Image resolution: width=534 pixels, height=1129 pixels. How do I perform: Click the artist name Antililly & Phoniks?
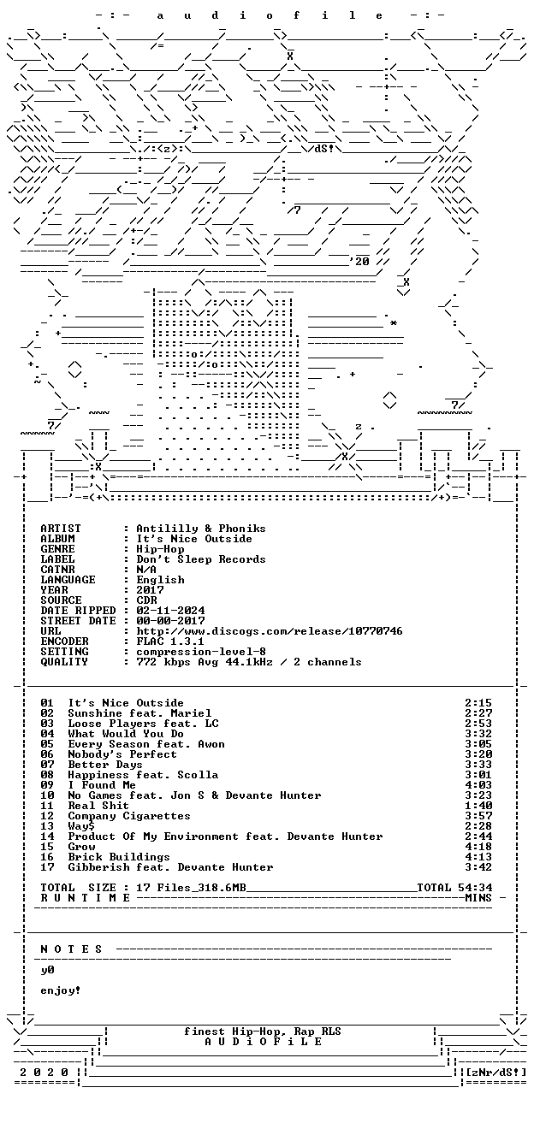click(201, 529)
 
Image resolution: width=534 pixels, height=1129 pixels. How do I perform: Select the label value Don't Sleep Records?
click(201, 559)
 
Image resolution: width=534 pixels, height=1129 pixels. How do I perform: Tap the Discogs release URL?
click(270, 631)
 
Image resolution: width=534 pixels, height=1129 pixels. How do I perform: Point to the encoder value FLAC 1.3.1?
click(170, 641)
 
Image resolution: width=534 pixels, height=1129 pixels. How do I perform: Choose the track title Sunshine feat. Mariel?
click(139, 713)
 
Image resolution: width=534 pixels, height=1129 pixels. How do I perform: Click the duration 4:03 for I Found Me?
click(478, 785)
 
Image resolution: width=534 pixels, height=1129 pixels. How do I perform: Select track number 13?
click(47, 826)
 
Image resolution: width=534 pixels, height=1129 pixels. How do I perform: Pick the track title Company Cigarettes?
click(129, 816)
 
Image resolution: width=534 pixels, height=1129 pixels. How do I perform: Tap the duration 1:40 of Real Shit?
click(478, 806)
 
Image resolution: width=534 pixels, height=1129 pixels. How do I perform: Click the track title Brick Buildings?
click(119, 857)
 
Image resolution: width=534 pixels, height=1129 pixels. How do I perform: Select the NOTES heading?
click(71, 949)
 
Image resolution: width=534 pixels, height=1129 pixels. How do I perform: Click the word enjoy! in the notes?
click(61, 991)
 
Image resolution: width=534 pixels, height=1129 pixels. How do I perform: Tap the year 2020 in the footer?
click(44, 1073)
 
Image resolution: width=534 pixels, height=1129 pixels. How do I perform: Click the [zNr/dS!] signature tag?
click(496, 1073)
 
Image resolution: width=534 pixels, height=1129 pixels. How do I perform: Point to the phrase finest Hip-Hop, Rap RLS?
click(262, 1031)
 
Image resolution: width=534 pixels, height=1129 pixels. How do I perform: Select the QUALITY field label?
click(64, 662)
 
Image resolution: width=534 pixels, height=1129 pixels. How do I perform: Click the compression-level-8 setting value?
click(201, 652)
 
